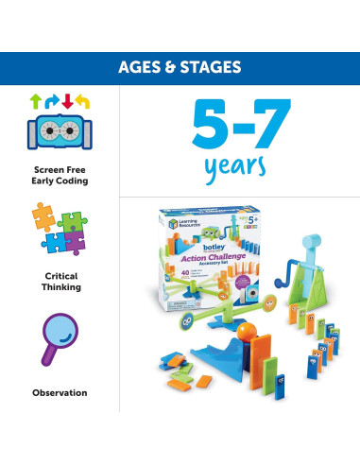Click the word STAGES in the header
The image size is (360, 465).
[213, 68]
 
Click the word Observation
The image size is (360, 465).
[59, 392]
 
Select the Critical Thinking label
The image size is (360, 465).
[59, 280]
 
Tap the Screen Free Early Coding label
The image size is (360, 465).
[59, 176]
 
